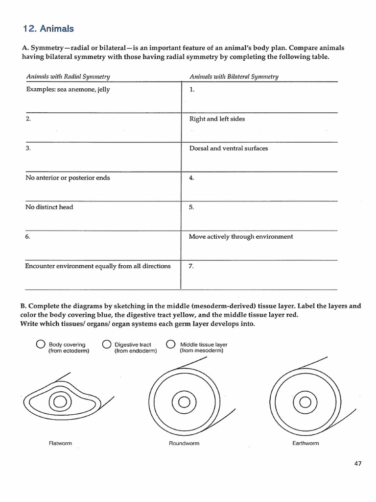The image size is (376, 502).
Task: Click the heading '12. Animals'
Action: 48,29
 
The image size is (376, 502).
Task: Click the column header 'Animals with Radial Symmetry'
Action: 68,76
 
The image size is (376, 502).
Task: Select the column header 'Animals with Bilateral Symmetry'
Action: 234,76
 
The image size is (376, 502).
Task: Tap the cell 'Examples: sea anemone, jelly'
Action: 68,90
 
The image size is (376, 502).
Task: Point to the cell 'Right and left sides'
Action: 217,119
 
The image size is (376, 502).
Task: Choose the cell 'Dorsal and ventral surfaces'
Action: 228,148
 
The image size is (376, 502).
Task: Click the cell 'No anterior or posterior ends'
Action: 68,178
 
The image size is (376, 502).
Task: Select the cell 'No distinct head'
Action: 49,207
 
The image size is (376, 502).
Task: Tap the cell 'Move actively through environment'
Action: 241,236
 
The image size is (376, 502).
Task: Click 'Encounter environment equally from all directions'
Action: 98,266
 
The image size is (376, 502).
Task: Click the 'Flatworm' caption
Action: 60,443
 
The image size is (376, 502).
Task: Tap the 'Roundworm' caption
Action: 184,443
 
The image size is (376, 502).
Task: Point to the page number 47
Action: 357,464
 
